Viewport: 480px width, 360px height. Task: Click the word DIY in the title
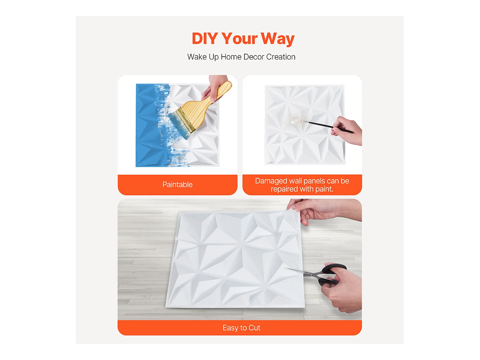205,38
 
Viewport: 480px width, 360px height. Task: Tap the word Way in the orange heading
277,39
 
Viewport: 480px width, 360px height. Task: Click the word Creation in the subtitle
281,57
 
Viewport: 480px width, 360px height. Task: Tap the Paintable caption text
177,185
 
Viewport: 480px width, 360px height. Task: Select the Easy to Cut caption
241,328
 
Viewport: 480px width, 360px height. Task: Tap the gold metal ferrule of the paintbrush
186,120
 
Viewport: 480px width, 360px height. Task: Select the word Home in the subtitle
231,57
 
